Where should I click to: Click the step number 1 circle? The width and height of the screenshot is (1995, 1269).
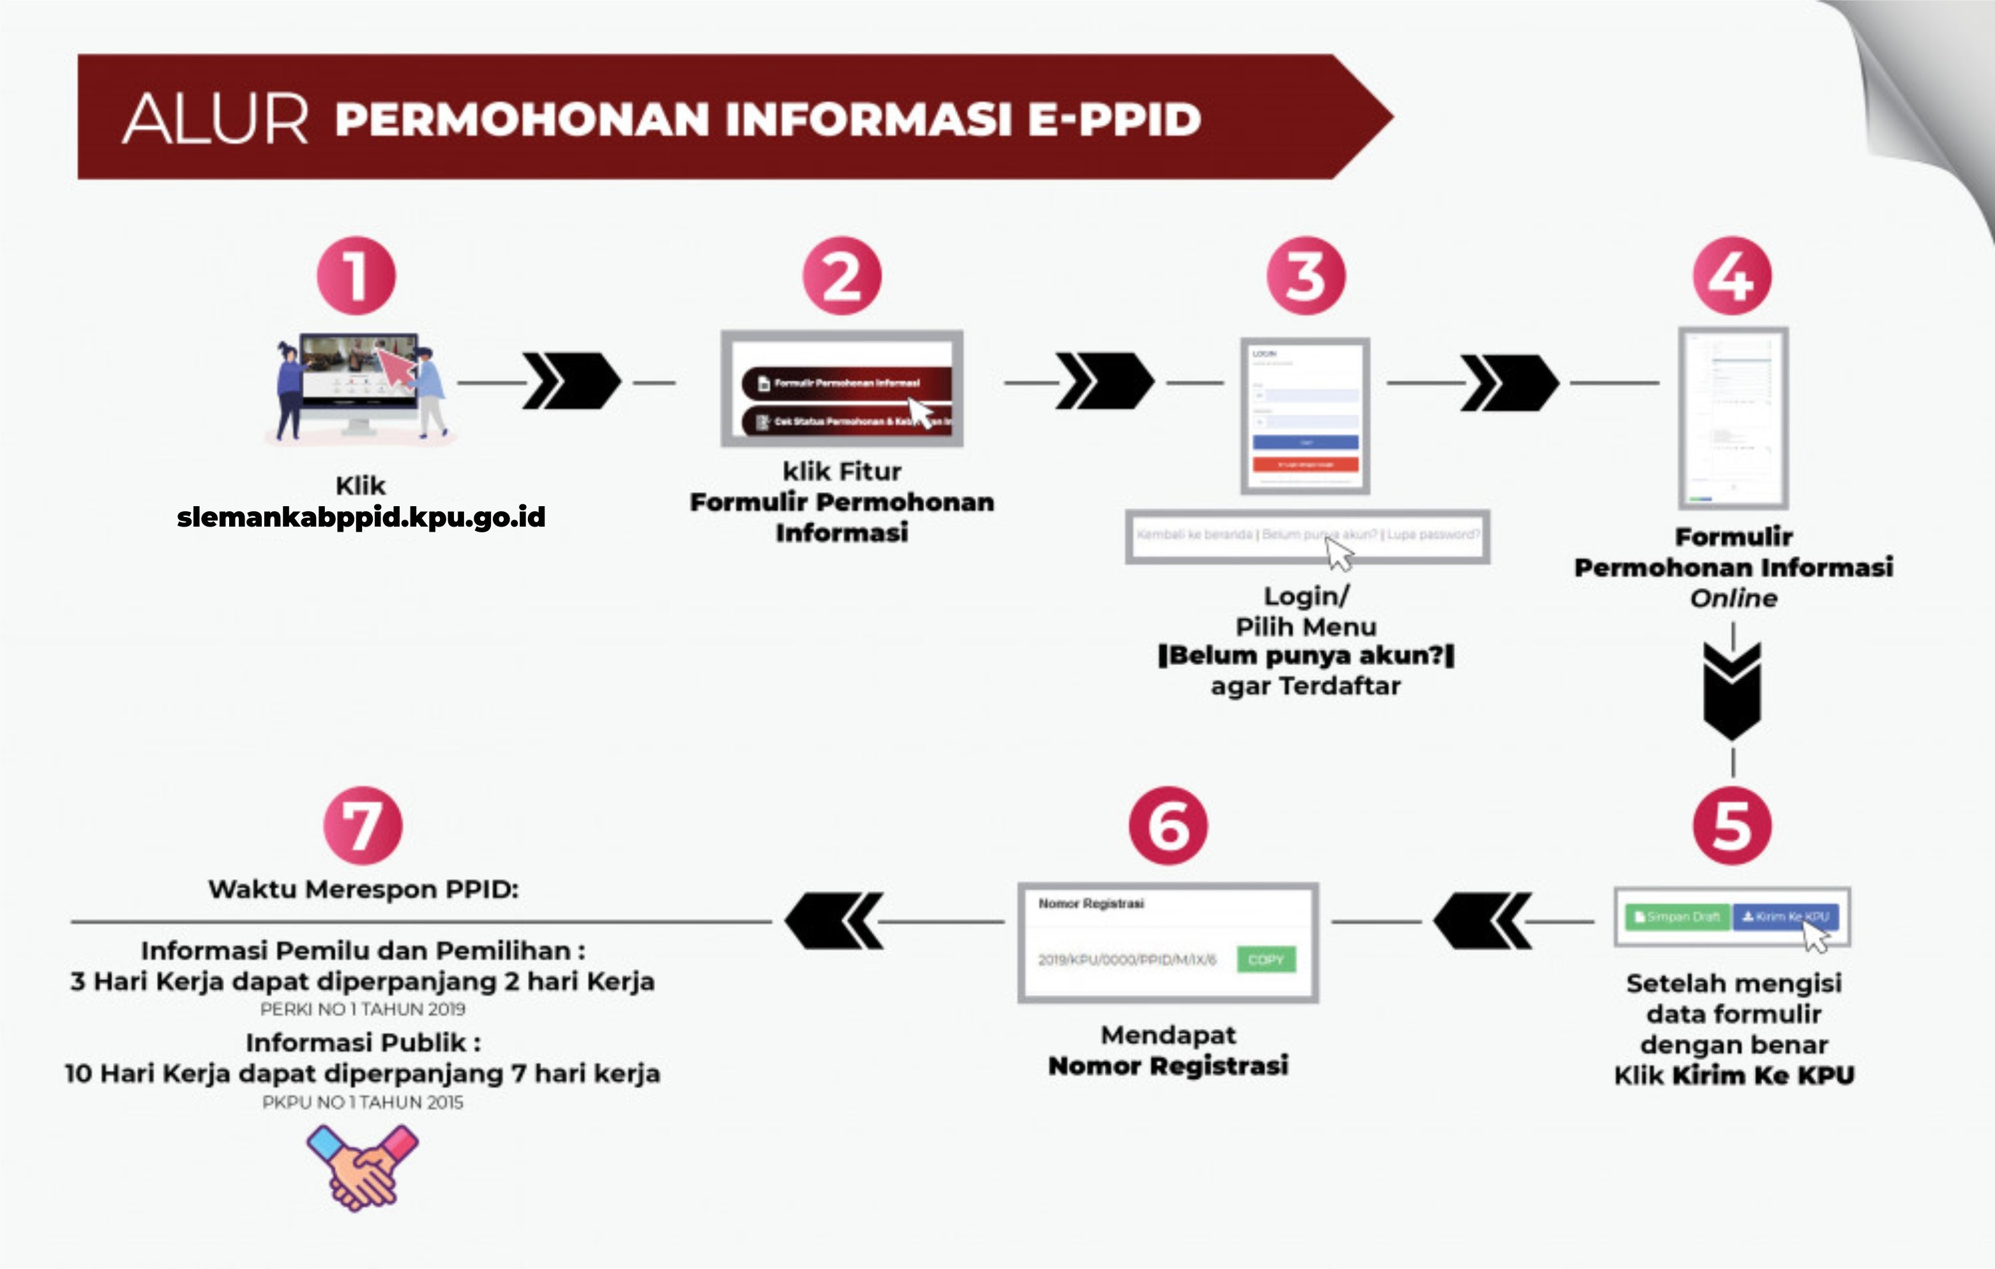coord(356,276)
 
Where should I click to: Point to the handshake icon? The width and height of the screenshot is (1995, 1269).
coord(363,1167)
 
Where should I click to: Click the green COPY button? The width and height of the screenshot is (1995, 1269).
coord(1265,959)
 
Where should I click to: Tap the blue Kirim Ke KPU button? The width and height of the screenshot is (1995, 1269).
coord(1786,916)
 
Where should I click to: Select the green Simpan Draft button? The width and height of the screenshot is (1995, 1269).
coord(1677,916)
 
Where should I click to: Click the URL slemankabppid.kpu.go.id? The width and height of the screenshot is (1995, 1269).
coord(361,517)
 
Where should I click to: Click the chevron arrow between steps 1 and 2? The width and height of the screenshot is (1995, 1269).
coord(571,381)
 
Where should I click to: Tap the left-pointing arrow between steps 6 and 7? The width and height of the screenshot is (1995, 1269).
coord(834,920)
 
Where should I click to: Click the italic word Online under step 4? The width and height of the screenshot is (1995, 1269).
coord(1733,598)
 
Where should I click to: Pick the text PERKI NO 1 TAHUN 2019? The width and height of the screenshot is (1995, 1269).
coord(363,1009)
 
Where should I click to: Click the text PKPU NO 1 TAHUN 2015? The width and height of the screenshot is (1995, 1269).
coord(363,1102)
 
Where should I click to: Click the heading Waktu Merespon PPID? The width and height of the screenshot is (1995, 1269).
coord(363,889)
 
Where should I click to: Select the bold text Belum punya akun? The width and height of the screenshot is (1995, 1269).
coord(1306,655)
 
